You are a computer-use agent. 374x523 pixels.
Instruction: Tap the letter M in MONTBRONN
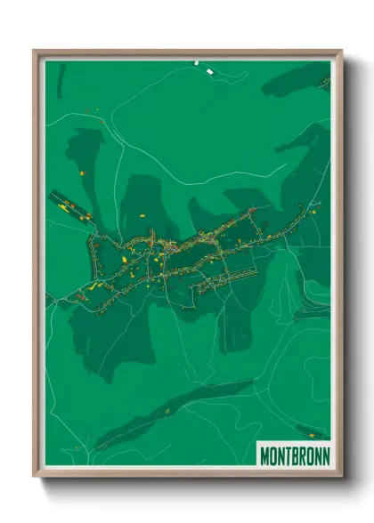264,455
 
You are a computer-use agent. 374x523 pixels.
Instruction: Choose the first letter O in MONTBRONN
272,455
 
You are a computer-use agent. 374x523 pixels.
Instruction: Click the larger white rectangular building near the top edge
208,68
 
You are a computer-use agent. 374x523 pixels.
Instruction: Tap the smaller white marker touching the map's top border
195,62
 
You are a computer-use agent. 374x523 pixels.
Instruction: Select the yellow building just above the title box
312,434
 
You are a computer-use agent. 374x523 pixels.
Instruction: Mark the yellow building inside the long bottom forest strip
167,409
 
